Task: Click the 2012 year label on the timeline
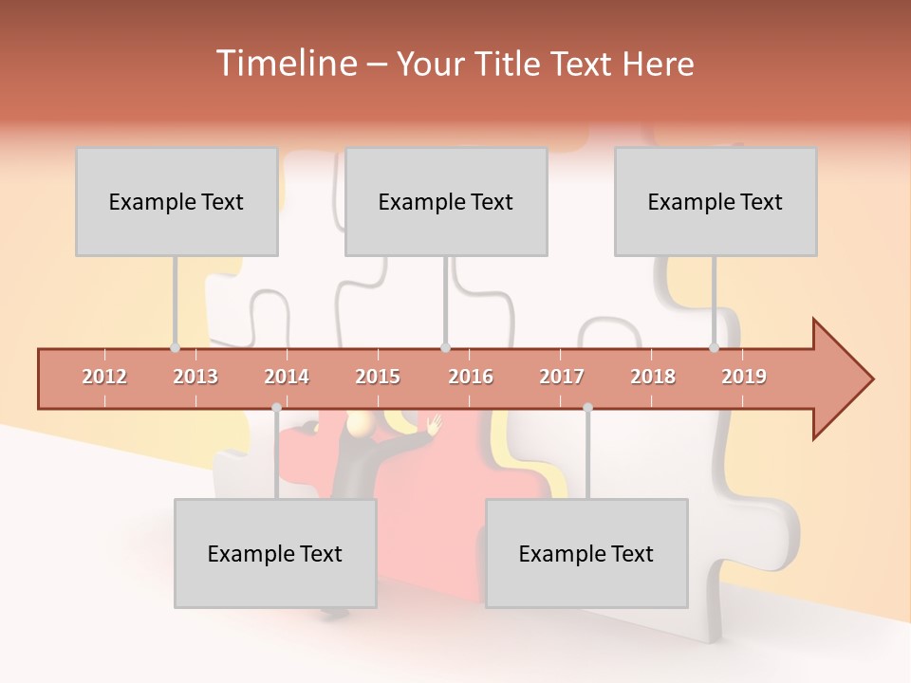click(104, 377)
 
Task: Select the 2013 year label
click(195, 377)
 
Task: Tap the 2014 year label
click(287, 377)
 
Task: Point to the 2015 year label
click(378, 377)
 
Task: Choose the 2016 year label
click(471, 377)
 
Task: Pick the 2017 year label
click(562, 377)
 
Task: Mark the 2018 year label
click(653, 377)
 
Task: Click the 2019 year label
click(744, 377)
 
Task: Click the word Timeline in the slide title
click(284, 64)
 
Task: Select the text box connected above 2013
click(177, 201)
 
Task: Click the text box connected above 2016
click(446, 201)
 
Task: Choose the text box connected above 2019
click(716, 201)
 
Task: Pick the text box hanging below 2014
click(275, 553)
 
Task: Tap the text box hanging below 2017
click(586, 553)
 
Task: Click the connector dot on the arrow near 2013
click(175, 348)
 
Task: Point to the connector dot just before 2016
click(445, 348)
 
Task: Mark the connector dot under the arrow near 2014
click(276, 407)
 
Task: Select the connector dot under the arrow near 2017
click(587, 407)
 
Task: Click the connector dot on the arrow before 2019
click(714, 348)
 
